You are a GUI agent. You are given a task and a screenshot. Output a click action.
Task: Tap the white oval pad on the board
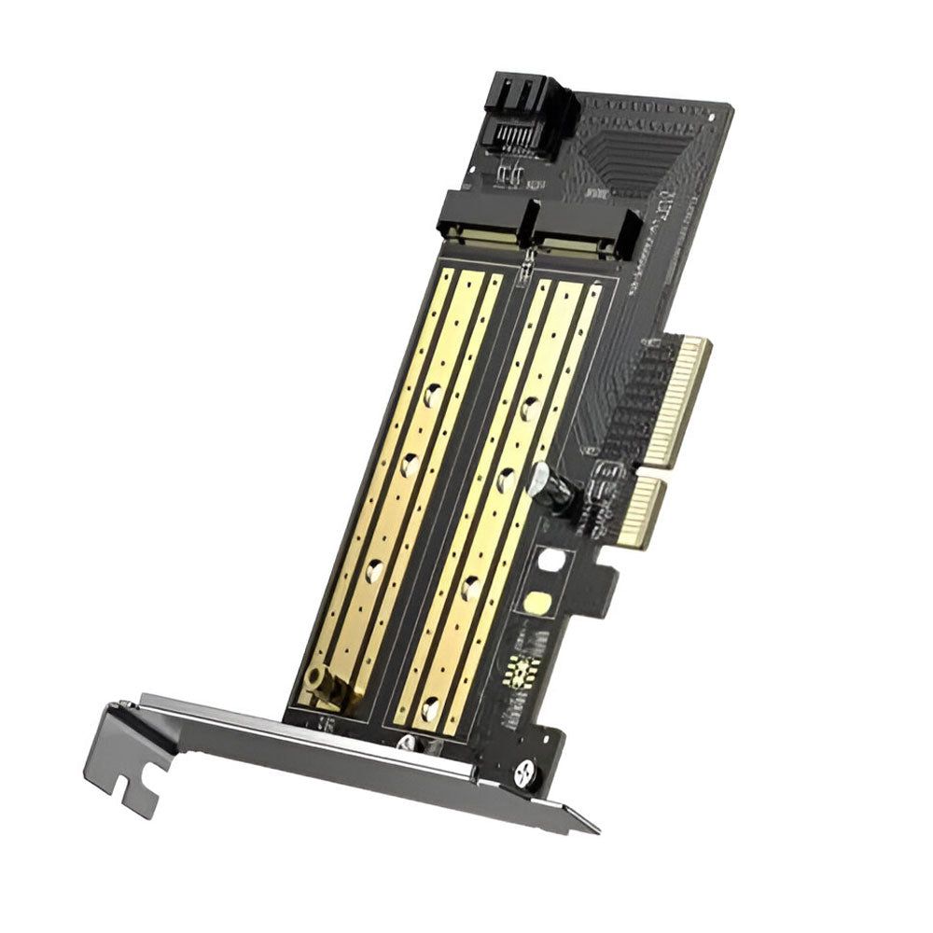(552, 560)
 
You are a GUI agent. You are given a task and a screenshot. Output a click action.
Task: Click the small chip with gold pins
(522, 670)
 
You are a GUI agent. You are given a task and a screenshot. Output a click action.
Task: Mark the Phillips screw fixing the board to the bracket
(524, 771)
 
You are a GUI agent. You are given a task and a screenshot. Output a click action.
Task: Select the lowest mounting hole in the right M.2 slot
(430, 709)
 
